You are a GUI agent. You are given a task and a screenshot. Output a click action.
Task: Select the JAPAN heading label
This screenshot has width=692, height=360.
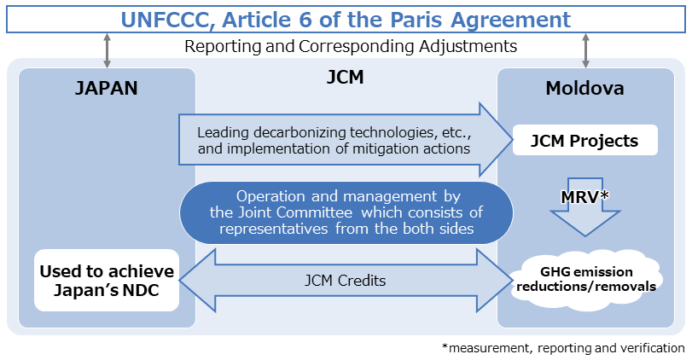pyautogui.click(x=107, y=88)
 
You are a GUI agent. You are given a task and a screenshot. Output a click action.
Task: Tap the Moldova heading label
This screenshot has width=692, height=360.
pyautogui.click(x=584, y=88)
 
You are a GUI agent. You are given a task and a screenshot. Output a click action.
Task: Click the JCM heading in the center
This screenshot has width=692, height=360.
pyautogui.click(x=346, y=78)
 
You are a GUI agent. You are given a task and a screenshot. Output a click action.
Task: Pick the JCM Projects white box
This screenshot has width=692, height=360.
pyautogui.click(x=585, y=141)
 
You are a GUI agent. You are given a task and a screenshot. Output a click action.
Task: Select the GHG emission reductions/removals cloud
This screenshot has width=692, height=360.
pyautogui.click(x=584, y=279)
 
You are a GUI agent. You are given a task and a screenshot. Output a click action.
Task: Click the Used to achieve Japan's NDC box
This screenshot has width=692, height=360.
pyautogui.click(x=107, y=280)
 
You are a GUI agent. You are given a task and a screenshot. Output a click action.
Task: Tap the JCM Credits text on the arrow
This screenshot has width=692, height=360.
pyautogui.click(x=346, y=280)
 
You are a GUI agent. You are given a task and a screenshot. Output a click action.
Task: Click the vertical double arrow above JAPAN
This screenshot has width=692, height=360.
pyautogui.click(x=107, y=49)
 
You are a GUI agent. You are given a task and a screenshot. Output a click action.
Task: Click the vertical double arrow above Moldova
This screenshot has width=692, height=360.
pyautogui.click(x=585, y=49)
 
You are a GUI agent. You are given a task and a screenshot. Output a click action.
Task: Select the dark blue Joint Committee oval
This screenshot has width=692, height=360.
pyautogui.click(x=346, y=212)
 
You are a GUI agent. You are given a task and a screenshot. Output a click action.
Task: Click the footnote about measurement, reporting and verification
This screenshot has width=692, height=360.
pyautogui.click(x=563, y=348)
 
